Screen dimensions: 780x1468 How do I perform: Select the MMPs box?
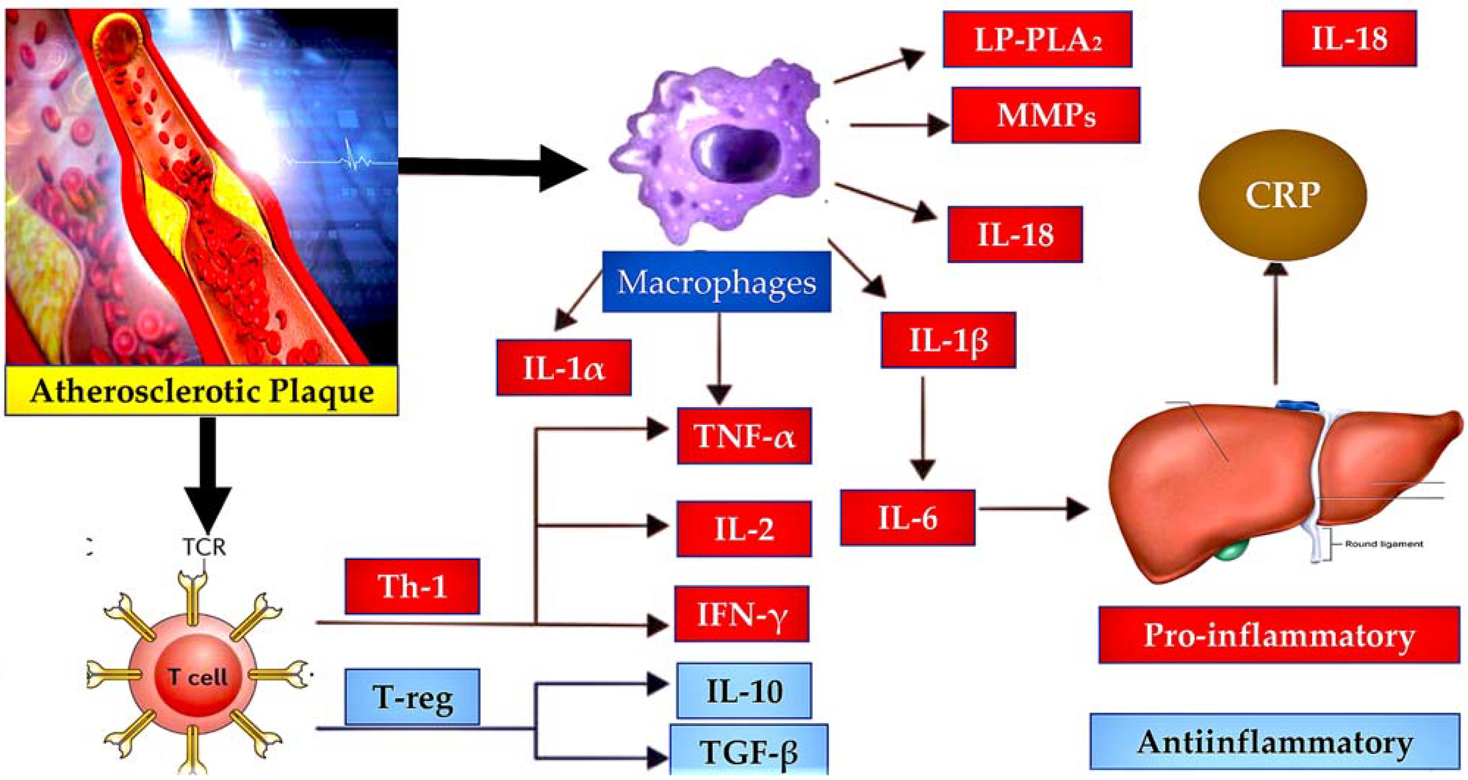[x=1046, y=115]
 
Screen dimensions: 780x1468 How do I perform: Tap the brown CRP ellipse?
[x=1282, y=195]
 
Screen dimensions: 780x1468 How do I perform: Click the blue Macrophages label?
[x=716, y=282]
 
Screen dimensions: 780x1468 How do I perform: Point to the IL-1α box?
[x=564, y=368]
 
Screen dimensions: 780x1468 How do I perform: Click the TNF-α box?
[x=744, y=436]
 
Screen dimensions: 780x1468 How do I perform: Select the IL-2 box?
[x=744, y=529]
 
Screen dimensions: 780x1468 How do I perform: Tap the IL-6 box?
[x=907, y=518]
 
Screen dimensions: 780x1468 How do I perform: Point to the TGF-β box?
[x=748, y=751]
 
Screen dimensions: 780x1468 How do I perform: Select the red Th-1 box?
[x=412, y=586]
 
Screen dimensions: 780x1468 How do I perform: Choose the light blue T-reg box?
[x=412, y=697]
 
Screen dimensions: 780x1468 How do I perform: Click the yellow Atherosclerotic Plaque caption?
[x=202, y=391]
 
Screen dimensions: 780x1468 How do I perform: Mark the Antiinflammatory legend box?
[x=1274, y=741]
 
